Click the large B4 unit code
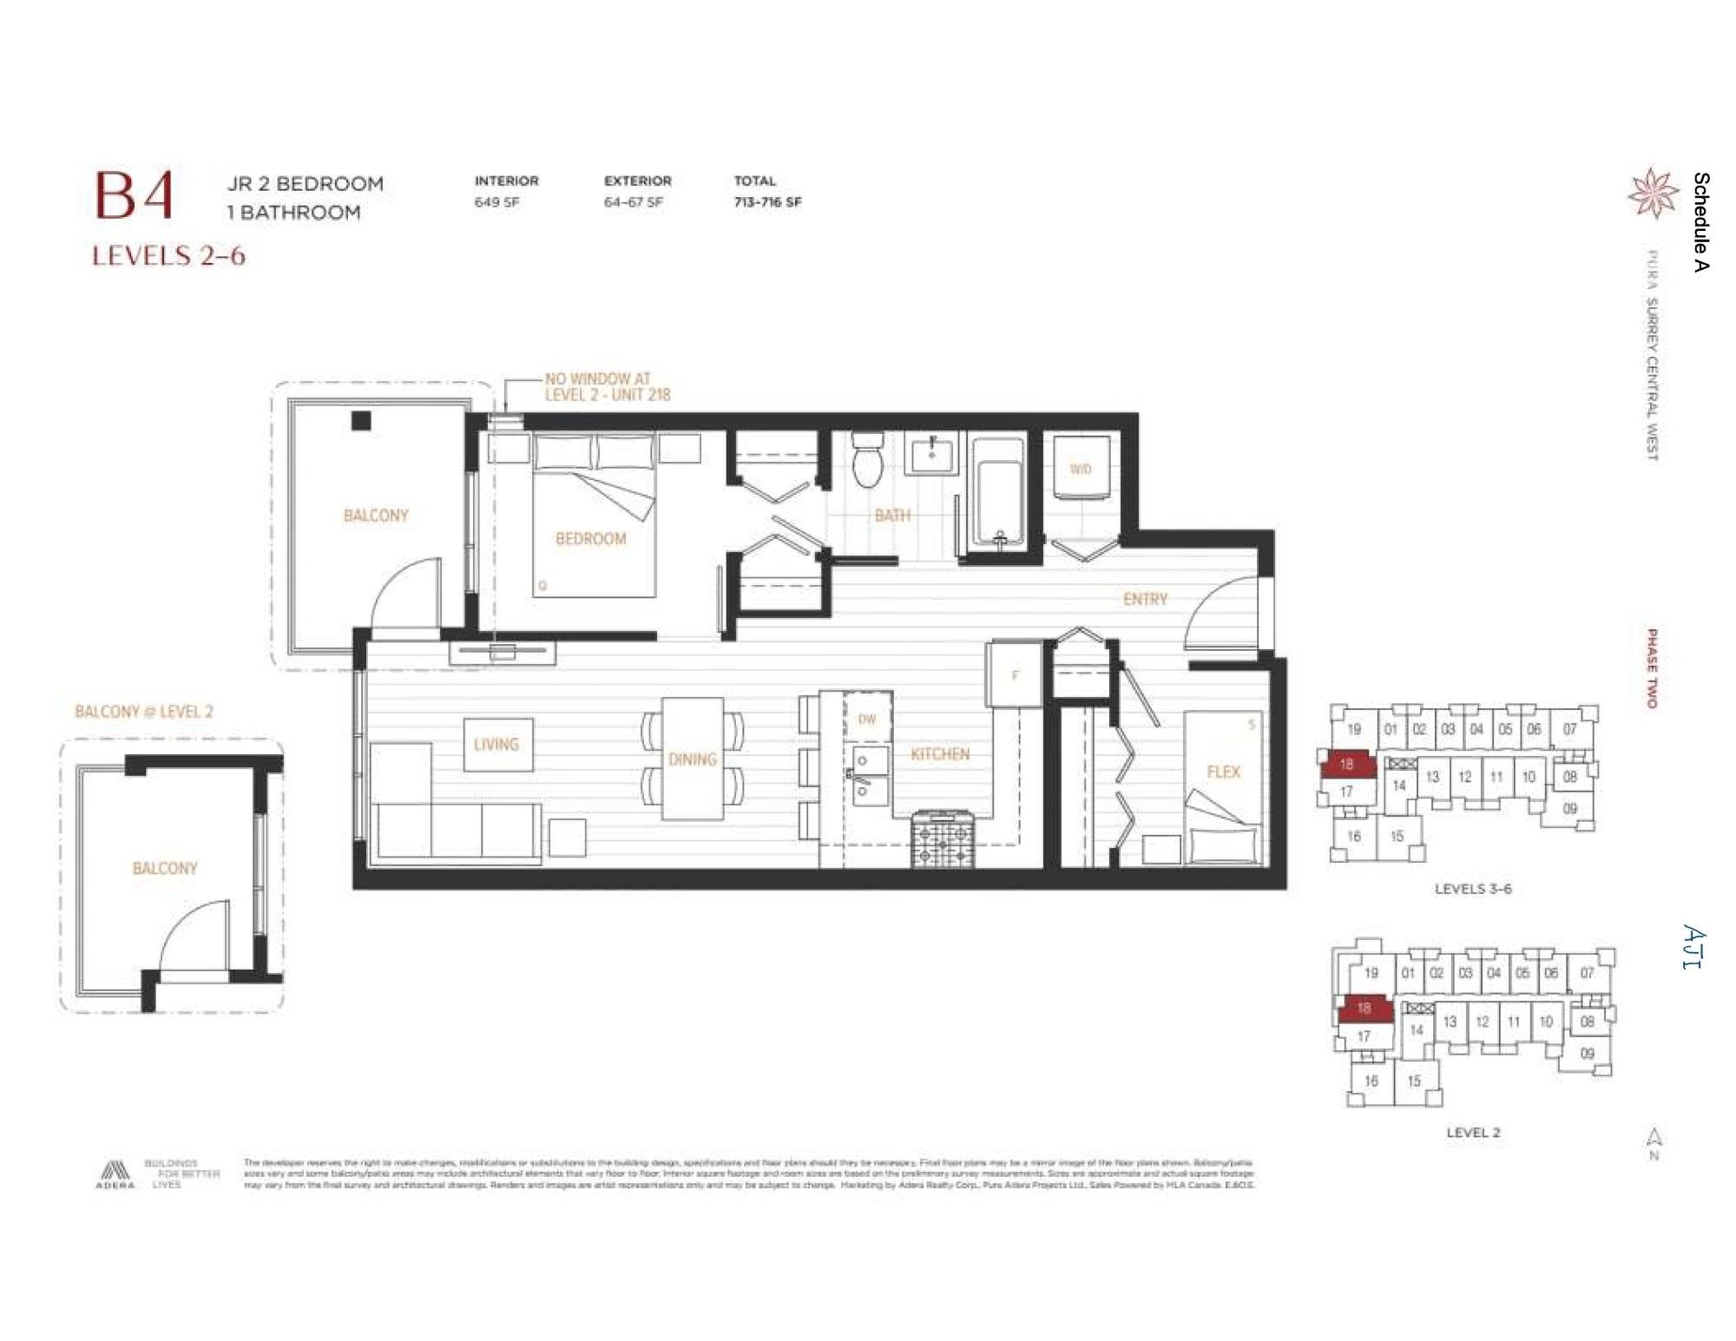tap(134, 195)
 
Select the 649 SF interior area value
tap(496, 202)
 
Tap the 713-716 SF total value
tap(767, 202)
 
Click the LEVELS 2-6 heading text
tap(168, 256)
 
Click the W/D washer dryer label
tap(1080, 470)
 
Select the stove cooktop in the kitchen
tap(943, 838)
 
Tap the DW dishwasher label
tap(866, 719)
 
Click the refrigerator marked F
tap(1015, 675)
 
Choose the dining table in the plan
tap(693, 759)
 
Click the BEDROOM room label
tap(590, 539)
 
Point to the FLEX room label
tap(1223, 772)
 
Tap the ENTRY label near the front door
tap(1145, 599)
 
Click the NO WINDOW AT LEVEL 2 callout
tap(607, 387)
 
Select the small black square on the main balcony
tap(361, 421)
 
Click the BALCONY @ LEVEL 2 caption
tap(144, 712)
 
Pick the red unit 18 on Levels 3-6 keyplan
tap(1346, 765)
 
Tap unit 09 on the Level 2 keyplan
tap(1587, 1054)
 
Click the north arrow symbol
tap(1654, 1138)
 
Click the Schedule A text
tap(1701, 222)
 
